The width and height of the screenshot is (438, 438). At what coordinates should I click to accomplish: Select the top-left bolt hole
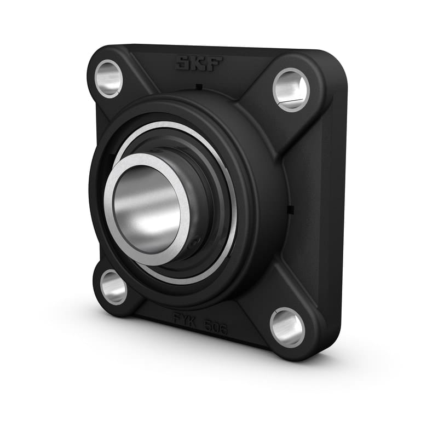point(108,78)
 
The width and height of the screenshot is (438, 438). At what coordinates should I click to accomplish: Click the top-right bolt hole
point(291,89)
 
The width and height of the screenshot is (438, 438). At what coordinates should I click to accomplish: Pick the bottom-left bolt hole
point(114,287)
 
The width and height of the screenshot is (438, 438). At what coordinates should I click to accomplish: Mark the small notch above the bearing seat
point(199,87)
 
